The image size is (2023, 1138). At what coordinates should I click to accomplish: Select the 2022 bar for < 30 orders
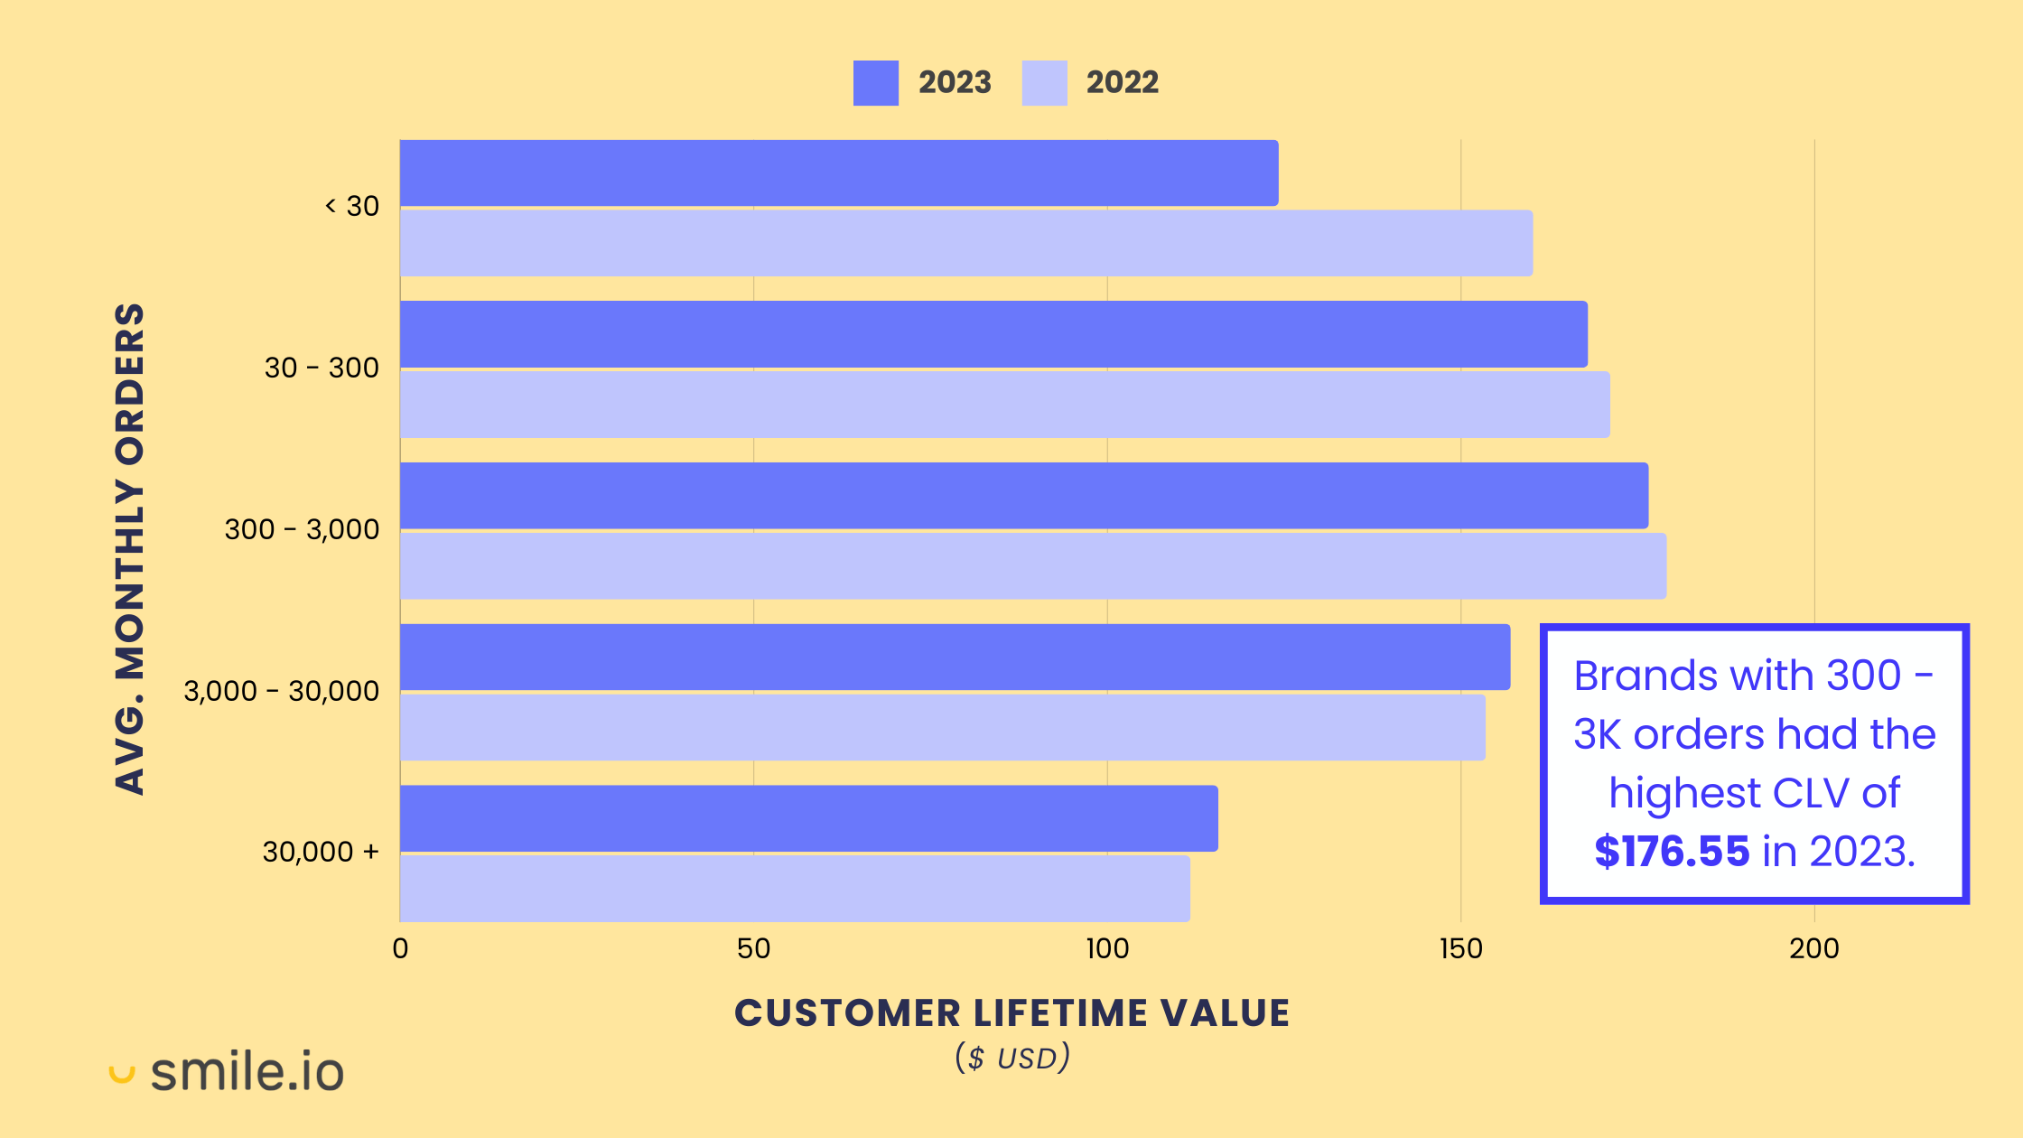point(965,243)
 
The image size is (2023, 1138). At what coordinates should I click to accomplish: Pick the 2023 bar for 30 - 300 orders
point(993,334)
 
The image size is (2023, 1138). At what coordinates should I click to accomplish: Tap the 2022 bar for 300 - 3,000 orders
point(1032,566)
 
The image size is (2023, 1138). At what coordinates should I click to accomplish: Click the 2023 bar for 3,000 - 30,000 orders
point(955,657)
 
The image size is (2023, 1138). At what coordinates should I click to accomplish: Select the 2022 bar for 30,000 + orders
point(794,889)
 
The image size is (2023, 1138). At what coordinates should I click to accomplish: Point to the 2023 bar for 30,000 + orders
point(808,818)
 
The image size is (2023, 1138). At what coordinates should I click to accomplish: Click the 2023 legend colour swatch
point(875,83)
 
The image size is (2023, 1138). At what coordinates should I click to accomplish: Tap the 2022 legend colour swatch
point(1044,83)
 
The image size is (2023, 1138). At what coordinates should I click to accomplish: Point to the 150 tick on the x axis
point(1460,948)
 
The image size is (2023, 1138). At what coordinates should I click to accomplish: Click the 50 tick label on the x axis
point(753,948)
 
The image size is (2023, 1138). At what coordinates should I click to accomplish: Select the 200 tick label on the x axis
point(1813,948)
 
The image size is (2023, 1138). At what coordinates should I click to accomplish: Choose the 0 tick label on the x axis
point(400,948)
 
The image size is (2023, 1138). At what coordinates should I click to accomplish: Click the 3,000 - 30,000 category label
point(281,691)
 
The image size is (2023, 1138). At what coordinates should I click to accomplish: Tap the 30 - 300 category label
point(322,368)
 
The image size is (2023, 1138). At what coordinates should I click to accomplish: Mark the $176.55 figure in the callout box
point(1671,852)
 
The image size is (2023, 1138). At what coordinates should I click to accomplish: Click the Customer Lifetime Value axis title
point(1011,1013)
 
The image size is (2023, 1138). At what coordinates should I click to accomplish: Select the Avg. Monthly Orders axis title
point(130,548)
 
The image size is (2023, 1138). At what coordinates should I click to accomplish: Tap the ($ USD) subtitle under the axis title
point(1011,1058)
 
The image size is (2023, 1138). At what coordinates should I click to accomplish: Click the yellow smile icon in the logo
point(122,1074)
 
